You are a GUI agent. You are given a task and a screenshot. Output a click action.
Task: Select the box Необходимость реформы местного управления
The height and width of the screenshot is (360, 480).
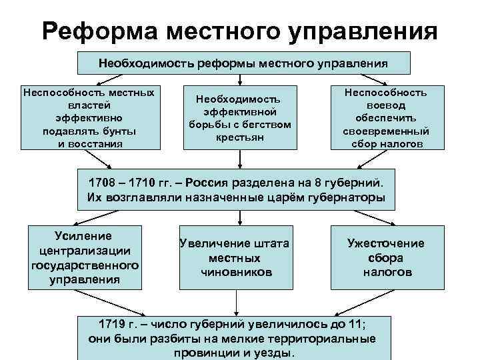[x=244, y=63]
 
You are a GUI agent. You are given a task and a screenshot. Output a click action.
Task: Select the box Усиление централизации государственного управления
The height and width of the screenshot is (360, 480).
[x=85, y=257]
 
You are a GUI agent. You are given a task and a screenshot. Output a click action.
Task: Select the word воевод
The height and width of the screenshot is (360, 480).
[x=385, y=105]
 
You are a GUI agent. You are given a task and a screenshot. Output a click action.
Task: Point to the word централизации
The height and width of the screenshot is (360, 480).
[x=85, y=251]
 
